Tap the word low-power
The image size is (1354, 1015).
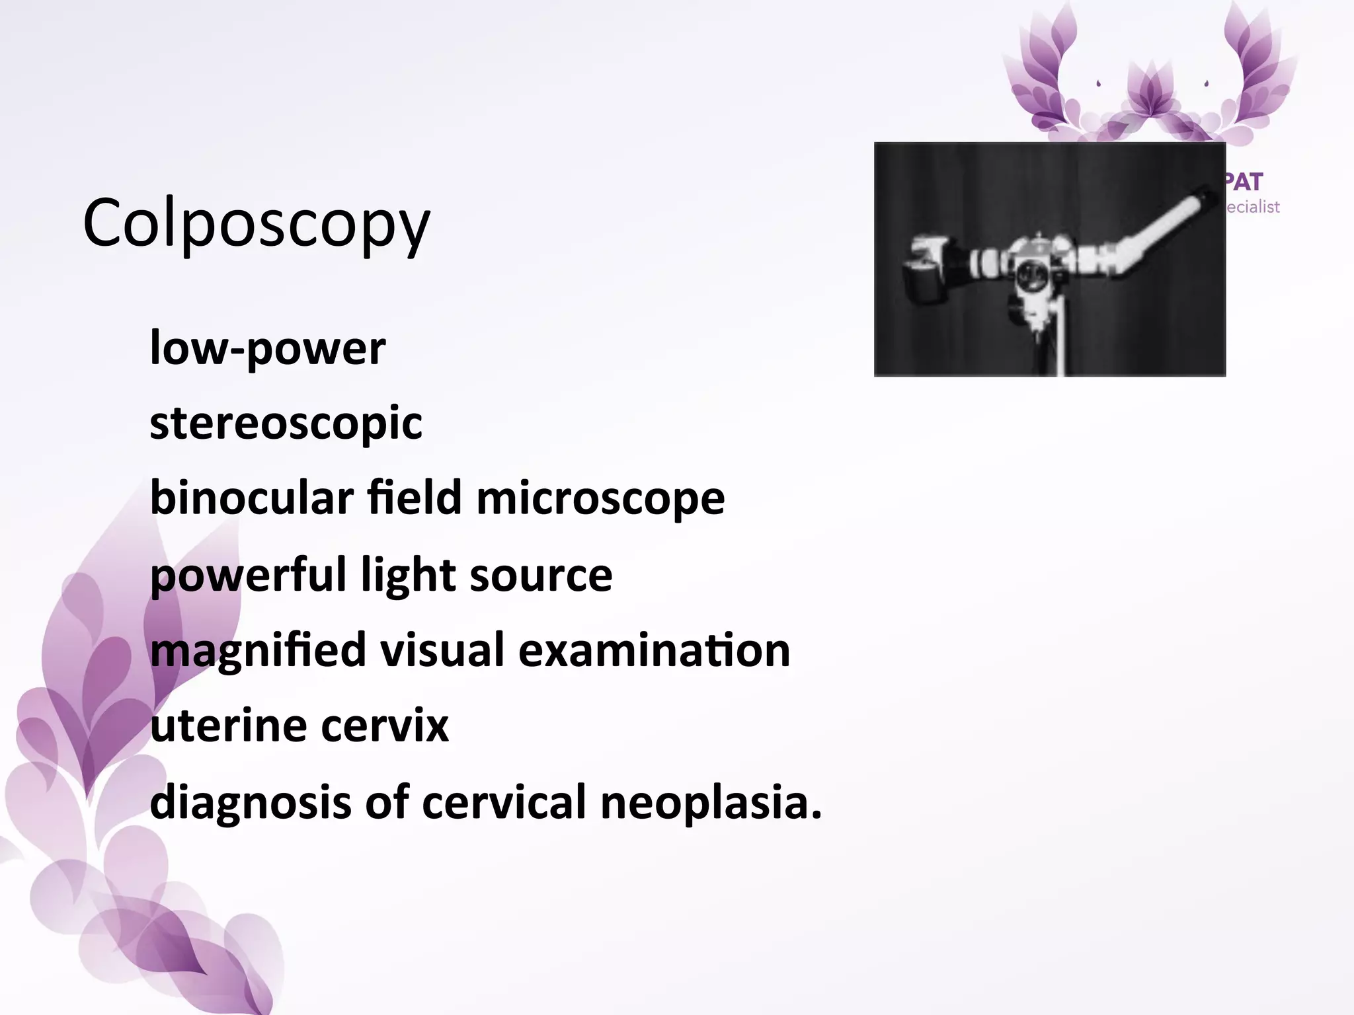pos(268,348)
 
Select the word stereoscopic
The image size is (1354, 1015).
pos(286,423)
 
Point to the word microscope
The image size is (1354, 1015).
pos(600,498)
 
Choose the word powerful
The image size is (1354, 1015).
pos(248,575)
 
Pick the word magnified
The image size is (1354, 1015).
pos(258,651)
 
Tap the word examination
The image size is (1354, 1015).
pos(654,650)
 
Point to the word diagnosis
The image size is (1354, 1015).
pos(251,802)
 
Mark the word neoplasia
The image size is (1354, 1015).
pos(711,802)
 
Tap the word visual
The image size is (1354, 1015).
pos(442,650)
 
